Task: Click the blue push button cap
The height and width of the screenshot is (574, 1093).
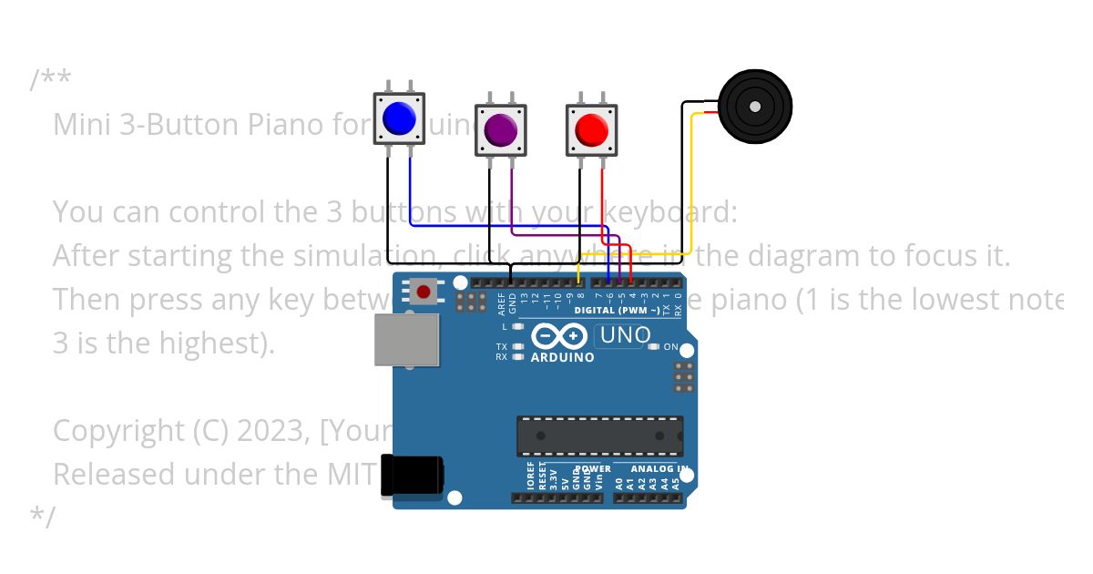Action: coord(399,118)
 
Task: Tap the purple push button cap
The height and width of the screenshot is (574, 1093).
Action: coord(500,129)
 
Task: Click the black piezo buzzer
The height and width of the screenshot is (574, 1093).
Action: coord(754,108)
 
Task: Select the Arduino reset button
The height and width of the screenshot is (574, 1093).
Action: coord(424,292)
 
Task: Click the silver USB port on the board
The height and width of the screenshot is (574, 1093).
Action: coord(407,341)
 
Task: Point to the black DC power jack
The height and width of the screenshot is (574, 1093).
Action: coord(412,476)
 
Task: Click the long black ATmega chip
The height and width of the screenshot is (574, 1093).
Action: coord(599,436)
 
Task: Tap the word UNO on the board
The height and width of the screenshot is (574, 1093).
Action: coord(625,335)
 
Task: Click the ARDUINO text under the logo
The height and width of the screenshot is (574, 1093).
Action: coord(562,357)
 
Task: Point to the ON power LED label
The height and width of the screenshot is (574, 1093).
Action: coord(670,347)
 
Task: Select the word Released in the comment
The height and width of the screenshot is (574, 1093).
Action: coord(112,474)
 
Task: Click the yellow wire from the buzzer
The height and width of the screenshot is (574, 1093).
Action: coord(691,182)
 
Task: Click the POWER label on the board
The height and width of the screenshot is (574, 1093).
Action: coord(593,469)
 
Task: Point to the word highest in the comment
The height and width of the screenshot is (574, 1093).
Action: coord(211,343)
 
